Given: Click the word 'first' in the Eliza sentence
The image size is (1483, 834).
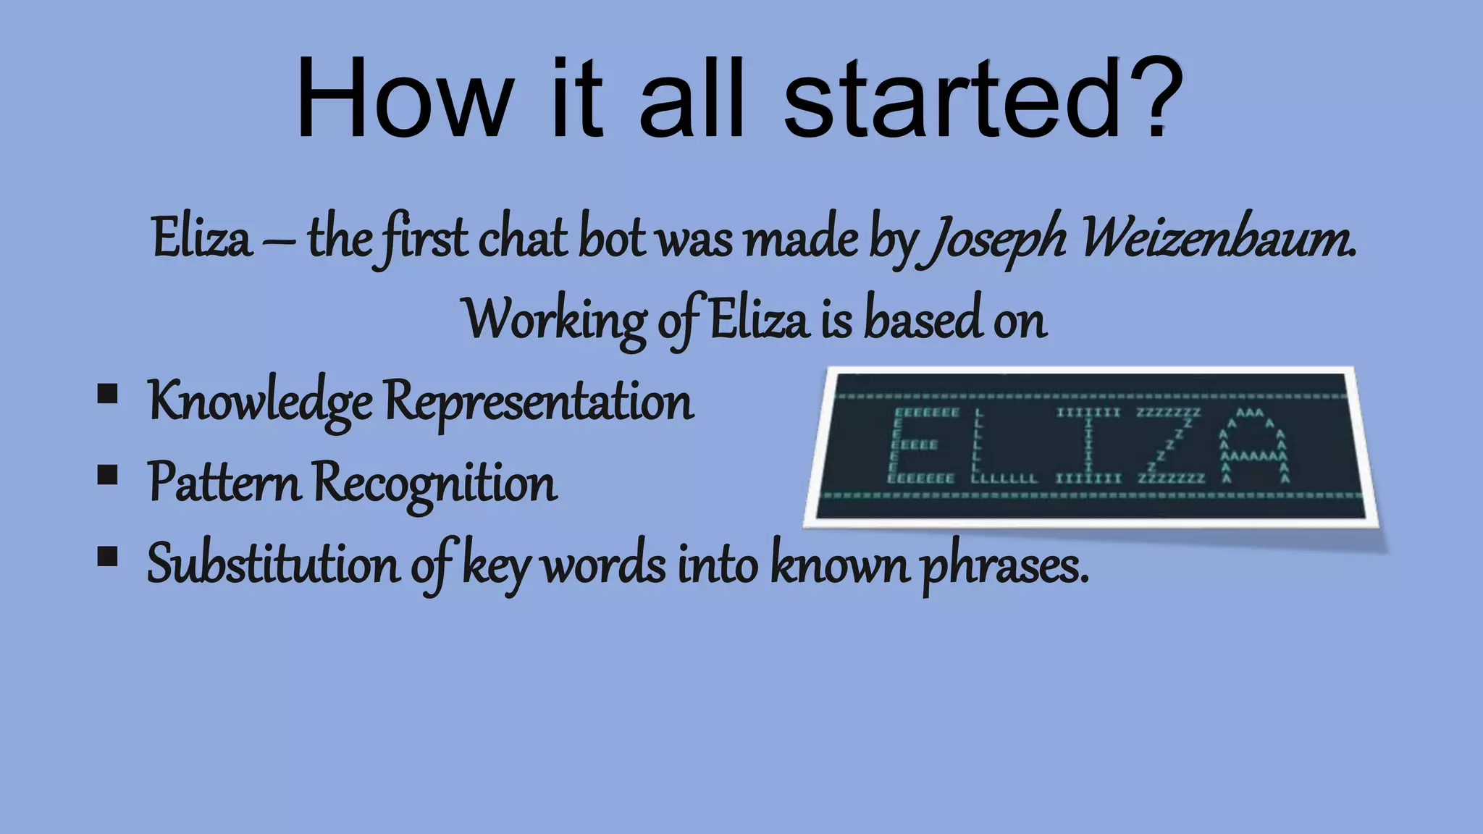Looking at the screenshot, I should point(424,239).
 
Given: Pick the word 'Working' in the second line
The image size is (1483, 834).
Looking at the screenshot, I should point(555,320).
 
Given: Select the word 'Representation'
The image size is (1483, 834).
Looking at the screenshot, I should point(539,402).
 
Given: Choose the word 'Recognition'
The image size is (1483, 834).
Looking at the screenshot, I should point(435,483).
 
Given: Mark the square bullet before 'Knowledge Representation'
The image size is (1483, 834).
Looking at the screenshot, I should point(107,395).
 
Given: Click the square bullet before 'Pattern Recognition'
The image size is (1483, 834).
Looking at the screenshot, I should point(107,476).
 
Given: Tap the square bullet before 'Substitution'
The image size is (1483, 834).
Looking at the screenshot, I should point(107,557).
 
